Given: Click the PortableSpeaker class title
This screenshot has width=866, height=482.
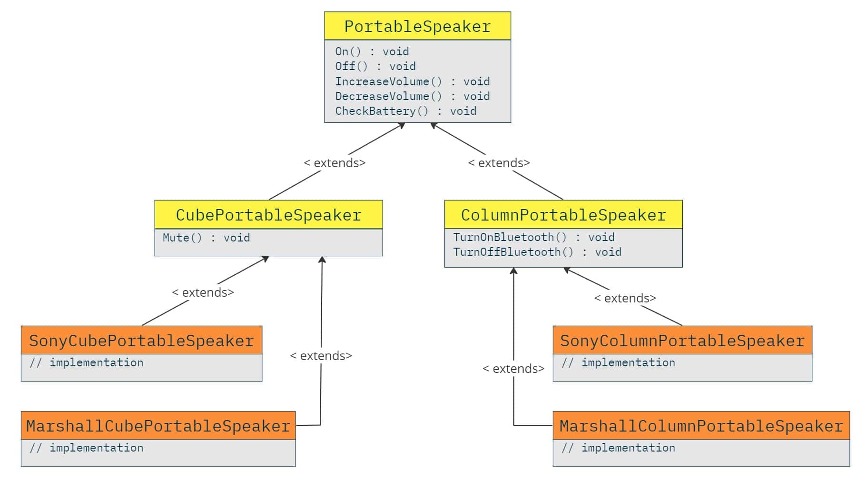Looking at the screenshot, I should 417,26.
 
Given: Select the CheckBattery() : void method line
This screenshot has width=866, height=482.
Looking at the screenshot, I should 405,111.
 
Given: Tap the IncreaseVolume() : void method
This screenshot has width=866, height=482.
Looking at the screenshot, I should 412,81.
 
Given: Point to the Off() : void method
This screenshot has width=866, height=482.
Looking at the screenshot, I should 375,66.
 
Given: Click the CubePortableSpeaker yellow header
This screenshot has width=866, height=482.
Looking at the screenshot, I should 268,215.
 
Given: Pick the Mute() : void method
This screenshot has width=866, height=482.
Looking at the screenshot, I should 206,238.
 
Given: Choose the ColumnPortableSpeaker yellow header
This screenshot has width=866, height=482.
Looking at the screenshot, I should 563,215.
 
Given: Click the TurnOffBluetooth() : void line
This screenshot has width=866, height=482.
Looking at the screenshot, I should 537,252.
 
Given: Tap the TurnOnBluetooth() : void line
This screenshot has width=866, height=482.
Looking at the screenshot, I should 533,237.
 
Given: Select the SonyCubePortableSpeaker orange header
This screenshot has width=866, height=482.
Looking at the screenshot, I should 141,341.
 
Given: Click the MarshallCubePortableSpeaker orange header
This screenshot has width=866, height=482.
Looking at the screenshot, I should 158,426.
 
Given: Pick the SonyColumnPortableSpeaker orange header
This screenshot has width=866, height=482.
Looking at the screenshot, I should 682,341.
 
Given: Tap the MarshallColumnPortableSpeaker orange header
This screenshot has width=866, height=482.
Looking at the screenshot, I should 701,426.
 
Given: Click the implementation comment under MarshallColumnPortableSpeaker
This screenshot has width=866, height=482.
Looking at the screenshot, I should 618,448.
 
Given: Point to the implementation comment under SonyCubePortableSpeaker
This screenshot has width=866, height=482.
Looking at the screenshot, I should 86,362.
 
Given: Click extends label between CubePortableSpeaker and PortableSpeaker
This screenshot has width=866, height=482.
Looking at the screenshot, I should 335,163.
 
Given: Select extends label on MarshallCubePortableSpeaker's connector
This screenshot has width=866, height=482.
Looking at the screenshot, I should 321,356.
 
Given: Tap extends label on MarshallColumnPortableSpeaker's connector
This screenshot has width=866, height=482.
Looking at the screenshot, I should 513,369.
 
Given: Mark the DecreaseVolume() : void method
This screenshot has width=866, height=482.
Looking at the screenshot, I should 412,96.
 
